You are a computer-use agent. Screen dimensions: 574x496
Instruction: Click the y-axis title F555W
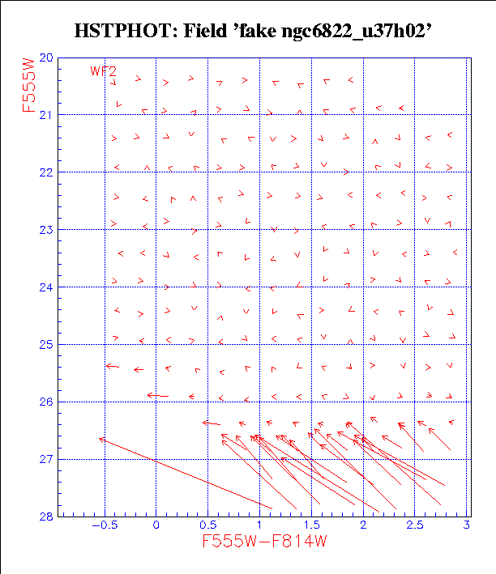pyautogui.click(x=30, y=83)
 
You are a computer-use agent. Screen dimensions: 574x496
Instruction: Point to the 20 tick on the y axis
pyautogui.click(x=45, y=58)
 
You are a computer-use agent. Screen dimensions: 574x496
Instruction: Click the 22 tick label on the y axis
pyautogui.click(x=45, y=172)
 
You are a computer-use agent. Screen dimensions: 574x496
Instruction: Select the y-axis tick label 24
pyautogui.click(x=45, y=287)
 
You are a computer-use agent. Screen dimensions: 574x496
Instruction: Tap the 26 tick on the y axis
pyautogui.click(x=45, y=402)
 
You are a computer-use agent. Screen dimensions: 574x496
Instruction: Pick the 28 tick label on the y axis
pyautogui.click(x=45, y=517)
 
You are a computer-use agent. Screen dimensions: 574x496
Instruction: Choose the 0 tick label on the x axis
pyautogui.click(x=156, y=526)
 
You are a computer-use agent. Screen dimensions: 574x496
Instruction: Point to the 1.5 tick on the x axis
pyautogui.click(x=312, y=526)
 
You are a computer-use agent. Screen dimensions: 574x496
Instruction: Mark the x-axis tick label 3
pyautogui.click(x=468, y=526)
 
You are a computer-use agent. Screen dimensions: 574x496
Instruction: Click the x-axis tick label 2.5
pyautogui.click(x=416, y=526)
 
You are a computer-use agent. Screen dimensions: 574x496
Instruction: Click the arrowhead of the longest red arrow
pyautogui.click(x=100, y=439)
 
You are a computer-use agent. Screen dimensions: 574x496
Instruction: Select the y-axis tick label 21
pyautogui.click(x=45, y=115)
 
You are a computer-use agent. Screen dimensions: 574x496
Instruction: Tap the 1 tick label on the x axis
pyautogui.click(x=260, y=526)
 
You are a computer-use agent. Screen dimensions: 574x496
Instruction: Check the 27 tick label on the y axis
pyautogui.click(x=45, y=459)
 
